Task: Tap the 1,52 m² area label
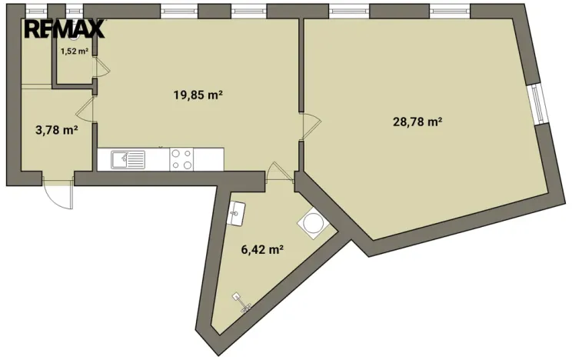click(x=75, y=52)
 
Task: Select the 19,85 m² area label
click(x=197, y=95)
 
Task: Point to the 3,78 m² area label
click(x=56, y=130)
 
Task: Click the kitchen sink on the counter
click(x=128, y=159)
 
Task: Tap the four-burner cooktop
click(x=182, y=159)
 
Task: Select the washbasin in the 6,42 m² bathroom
click(x=237, y=212)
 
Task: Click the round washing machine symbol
click(x=313, y=223)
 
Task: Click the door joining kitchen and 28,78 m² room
click(x=311, y=125)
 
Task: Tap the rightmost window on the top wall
click(x=450, y=10)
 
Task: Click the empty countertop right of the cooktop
click(x=208, y=159)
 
